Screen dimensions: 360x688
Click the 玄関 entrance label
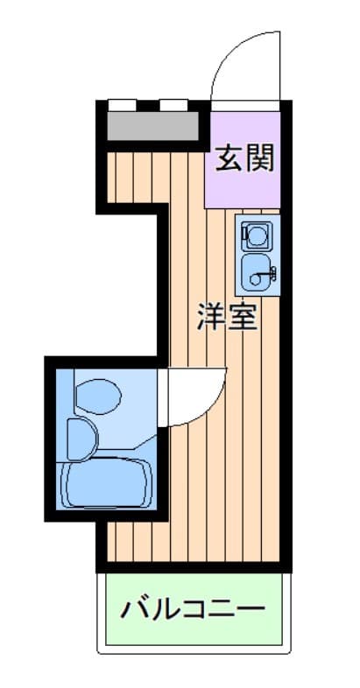[244, 158]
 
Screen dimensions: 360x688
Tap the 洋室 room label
[227, 316]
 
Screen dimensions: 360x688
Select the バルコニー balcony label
[194, 609]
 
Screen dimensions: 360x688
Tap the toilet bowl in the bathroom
[98, 397]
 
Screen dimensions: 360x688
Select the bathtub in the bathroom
[106, 482]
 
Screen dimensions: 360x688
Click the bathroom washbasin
[82, 439]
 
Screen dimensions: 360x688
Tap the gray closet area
[152, 126]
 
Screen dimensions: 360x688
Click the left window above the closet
[122, 105]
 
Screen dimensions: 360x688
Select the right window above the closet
[173, 105]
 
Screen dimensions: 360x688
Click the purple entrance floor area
[243, 159]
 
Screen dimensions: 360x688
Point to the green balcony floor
[194, 609]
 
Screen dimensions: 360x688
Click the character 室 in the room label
[243, 316]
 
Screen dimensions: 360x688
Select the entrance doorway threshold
[245, 105]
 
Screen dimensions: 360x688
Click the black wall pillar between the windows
[147, 105]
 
